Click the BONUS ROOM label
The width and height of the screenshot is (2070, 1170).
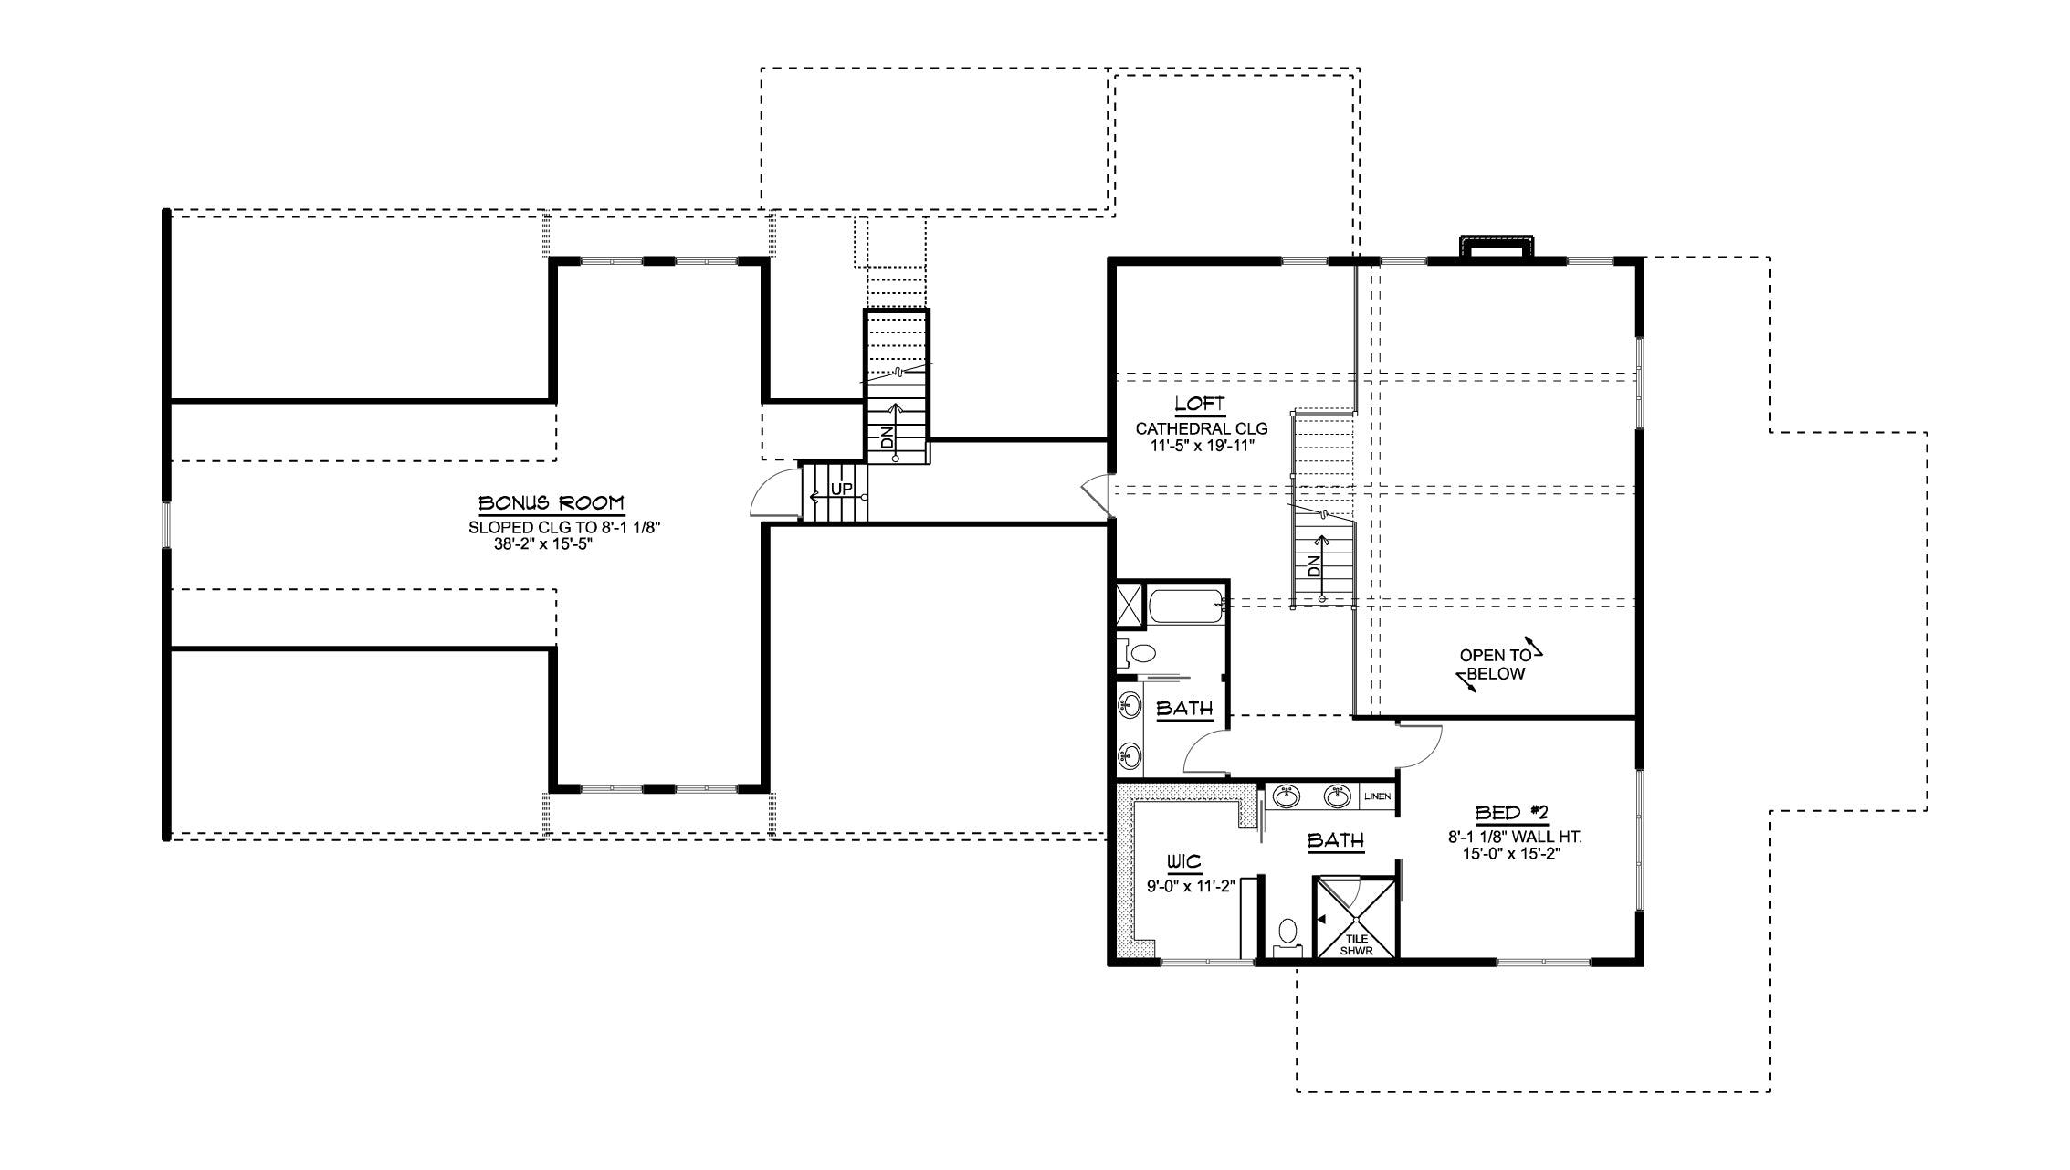pos(552,503)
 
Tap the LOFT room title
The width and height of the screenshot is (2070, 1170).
pos(1199,405)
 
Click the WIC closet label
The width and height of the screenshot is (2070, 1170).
pos(1182,861)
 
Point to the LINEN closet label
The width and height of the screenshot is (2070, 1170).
pos(1378,796)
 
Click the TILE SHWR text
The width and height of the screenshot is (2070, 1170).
pos(1356,944)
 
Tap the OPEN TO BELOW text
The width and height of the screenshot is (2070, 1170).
pos(1494,665)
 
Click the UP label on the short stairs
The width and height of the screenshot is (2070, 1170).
pos(841,490)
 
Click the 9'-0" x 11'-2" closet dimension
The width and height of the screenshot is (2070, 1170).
pos(1192,885)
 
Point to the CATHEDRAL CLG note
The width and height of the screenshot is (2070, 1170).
pos(1202,428)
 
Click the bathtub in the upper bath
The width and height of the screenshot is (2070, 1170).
pos(1185,607)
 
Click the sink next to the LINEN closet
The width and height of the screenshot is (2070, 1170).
pos(1338,796)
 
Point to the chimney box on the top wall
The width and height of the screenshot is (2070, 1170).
pos(1498,248)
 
